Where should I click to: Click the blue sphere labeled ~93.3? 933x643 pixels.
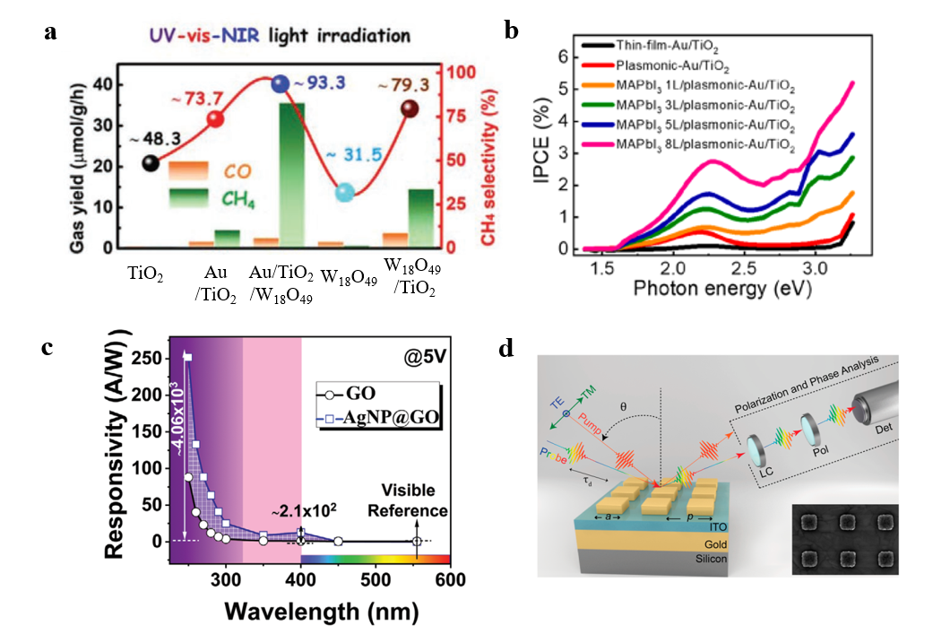pyautogui.click(x=281, y=84)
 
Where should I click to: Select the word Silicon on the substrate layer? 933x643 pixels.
pyautogui.click(x=704, y=558)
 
